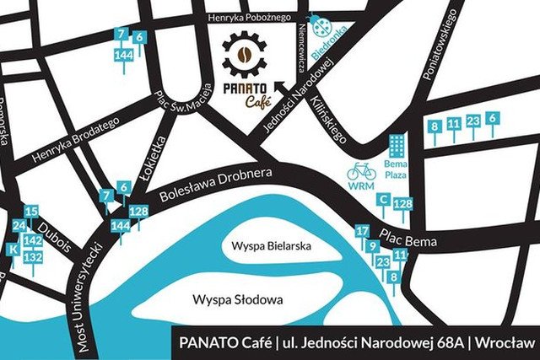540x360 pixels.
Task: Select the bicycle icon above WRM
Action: (362, 171)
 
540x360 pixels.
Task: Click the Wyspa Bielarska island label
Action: (267, 246)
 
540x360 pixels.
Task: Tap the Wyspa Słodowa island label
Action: (237, 299)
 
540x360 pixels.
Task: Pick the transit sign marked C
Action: (384, 200)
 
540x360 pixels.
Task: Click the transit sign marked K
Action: (13, 250)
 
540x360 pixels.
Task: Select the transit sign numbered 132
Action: (33, 256)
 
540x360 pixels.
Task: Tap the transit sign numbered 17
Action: (363, 231)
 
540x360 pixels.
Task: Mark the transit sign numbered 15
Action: (31, 212)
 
